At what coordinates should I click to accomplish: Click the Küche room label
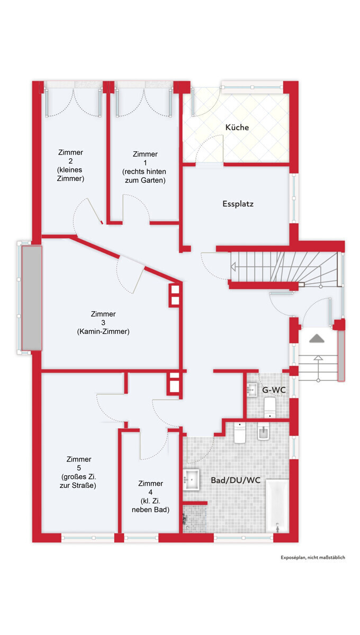point(237,128)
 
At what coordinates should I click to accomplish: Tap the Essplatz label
point(238,204)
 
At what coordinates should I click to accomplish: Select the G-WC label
point(274,390)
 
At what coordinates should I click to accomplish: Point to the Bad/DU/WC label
point(236,480)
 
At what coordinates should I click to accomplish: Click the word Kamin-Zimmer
point(103,331)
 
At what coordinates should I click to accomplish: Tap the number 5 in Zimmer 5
point(79,468)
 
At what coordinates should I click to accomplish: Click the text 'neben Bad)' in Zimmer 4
point(150,510)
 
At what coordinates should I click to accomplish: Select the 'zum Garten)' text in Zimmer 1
point(145,180)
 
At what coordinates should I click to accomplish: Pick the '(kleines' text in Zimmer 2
point(70,170)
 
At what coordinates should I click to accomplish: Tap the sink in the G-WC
point(251,389)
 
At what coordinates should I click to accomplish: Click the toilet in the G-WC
point(270,407)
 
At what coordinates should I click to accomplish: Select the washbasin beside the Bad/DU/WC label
point(191,479)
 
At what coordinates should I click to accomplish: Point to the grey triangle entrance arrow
point(317,339)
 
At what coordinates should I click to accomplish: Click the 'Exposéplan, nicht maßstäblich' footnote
point(313,557)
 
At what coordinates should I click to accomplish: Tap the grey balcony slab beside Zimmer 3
point(32,298)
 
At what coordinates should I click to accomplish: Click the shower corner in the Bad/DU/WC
point(194,519)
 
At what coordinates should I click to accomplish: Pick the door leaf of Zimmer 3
point(138,280)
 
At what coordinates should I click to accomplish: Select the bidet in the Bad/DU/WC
point(263,432)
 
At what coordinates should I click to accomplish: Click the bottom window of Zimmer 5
point(88,538)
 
